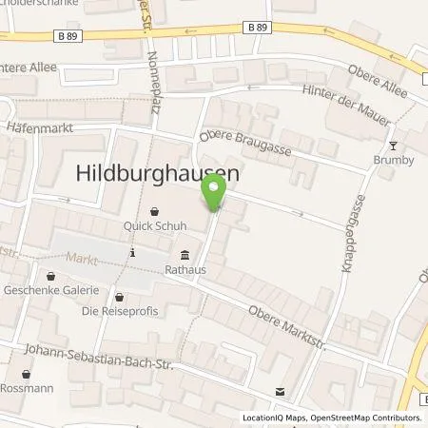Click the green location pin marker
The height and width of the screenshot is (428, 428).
tap(214, 194)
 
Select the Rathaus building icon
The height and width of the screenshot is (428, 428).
tap(184, 254)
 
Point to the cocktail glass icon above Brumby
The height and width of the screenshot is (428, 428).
tap(395, 146)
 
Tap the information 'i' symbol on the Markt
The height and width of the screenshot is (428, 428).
tap(133, 253)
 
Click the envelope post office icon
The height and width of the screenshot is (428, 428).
tap(279, 391)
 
